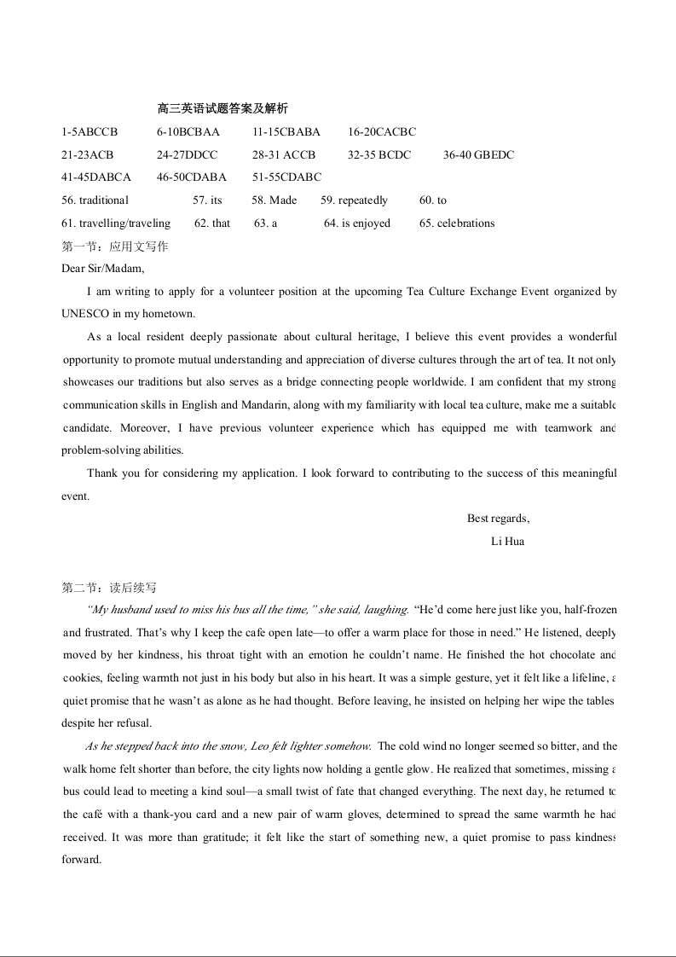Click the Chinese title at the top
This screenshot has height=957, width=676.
(x=222, y=108)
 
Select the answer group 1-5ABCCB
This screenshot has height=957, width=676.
(x=90, y=132)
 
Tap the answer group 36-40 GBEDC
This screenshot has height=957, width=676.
(x=478, y=155)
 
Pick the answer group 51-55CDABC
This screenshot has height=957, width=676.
(x=286, y=177)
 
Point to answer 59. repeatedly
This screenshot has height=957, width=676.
(x=354, y=200)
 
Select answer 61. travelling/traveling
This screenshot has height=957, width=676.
(x=116, y=223)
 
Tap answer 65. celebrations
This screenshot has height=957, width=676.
(x=457, y=223)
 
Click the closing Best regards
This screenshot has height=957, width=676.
(x=498, y=519)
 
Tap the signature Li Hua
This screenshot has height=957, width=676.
(x=508, y=542)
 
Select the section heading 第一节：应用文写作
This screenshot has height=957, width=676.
(x=115, y=246)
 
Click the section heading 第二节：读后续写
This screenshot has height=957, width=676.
(x=109, y=588)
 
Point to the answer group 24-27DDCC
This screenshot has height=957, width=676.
(x=187, y=155)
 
